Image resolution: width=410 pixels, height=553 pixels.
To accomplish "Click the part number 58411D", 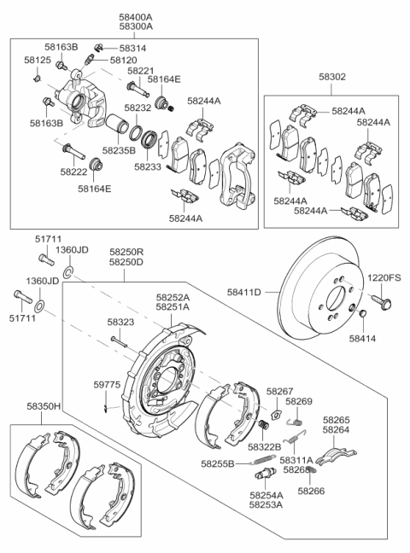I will tap(243, 293).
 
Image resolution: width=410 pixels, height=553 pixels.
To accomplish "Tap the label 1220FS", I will tap(384, 277).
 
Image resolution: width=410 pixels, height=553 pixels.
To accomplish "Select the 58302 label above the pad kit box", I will tap(332, 76).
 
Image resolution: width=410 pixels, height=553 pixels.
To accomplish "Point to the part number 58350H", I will tap(44, 408).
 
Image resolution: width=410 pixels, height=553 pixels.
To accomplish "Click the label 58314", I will tap(132, 49).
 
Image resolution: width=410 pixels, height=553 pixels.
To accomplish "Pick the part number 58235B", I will tap(119, 149).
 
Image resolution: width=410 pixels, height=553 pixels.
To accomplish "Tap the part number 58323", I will tap(121, 323).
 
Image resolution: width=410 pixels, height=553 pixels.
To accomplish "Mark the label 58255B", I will tap(219, 463).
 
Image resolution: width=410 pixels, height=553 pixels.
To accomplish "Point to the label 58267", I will tap(279, 391).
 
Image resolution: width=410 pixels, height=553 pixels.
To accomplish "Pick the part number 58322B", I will tap(265, 446).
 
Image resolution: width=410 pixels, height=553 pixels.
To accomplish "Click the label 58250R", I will tap(126, 253).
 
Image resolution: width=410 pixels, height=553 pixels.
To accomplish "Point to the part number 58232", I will tap(138, 108).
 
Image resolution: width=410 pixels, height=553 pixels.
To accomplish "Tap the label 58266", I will tap(310, 491).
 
